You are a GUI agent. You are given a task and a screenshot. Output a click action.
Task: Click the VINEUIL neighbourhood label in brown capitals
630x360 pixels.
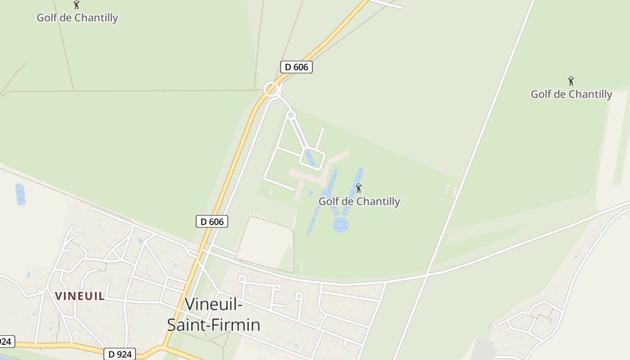click(x=80, y=296)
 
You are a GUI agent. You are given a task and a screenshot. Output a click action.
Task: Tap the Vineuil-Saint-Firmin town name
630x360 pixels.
click(x=214, y=315)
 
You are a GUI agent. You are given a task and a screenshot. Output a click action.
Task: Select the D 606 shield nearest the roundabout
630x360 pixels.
click(x=296, y=67)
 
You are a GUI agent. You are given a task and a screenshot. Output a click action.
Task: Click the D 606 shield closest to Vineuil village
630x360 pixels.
click(x=212, y=221)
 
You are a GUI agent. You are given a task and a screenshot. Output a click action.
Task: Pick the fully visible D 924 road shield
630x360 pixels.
click(x=120, y=354)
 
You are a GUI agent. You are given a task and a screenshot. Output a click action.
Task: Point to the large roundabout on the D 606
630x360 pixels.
click(x=271, y=89)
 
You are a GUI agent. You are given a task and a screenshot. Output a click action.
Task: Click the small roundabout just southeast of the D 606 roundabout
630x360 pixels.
click(x=291, y=116)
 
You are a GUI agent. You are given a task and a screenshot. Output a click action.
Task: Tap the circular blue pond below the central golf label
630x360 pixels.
click(x=341, y=225)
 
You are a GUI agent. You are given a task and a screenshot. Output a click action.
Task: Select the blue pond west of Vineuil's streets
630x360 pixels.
click(x=20, y=194)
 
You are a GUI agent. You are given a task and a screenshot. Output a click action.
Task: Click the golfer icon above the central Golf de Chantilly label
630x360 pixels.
click(x=359, y=188)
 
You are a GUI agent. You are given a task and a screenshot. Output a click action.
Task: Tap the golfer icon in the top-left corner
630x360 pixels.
click(x=76, y=5)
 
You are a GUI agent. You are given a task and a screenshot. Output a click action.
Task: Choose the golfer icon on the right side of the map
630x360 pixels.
click(x=571, y=81)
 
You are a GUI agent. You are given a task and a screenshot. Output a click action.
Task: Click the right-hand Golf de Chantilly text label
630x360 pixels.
click(x=571, y=94)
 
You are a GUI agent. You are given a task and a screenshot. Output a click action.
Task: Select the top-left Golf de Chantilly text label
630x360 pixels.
click(x=77, y=18)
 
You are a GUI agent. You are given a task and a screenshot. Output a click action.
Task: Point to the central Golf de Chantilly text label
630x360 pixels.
click(x=359, y=202)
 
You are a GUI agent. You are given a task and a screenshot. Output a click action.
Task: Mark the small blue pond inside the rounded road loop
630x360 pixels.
click(x=310, y=158)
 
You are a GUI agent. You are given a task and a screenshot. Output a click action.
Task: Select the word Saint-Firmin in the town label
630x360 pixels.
click(x=214, y=325)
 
